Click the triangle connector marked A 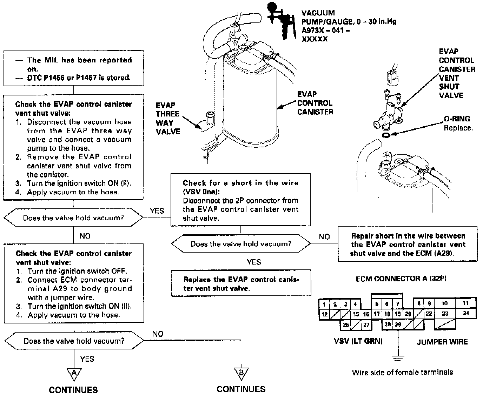tap(74, 374)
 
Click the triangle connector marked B tap(241, 373)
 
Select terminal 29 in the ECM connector tap(398, 324)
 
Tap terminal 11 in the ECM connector tap(465, 303)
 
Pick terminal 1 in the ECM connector tap(324, 304)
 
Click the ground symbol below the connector tap(398, 359)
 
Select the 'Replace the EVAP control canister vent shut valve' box tap(241, 283)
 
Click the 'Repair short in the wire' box tap(408, 244)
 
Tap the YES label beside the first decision tap(157, 211)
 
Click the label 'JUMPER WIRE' tap(442, 342)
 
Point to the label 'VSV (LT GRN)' tap(358, 341)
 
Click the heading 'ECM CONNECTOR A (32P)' tap(401, 279)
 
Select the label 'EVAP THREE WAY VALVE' tap(168, 118)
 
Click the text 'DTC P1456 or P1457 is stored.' tap(79, 78)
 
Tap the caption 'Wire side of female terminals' tap(402, 372)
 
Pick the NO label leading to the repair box tap(324, 237)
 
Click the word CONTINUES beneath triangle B tap(241, 389)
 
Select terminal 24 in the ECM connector tap(466, 313)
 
